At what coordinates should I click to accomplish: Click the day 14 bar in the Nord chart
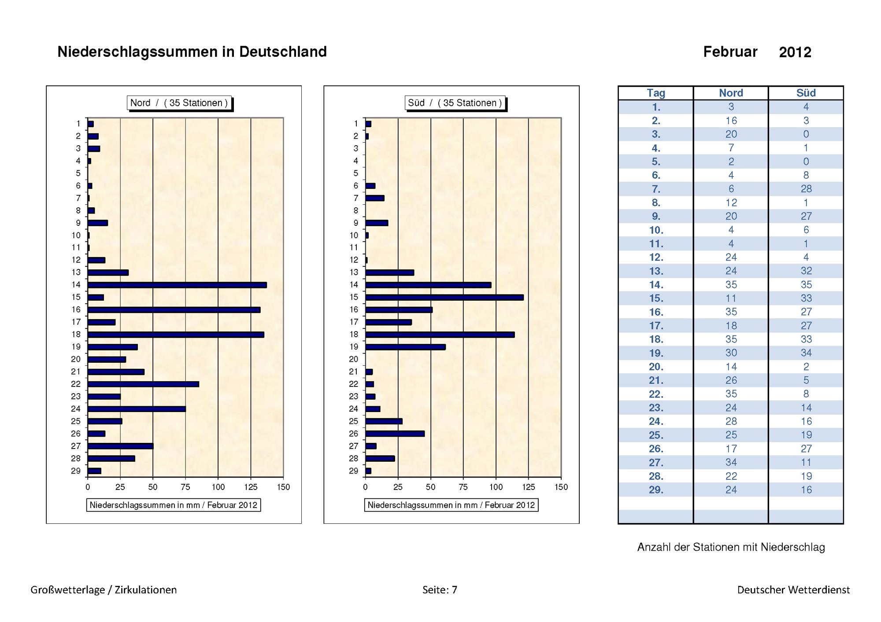point(177,285)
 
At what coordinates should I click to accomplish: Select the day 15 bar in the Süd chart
point(444,297)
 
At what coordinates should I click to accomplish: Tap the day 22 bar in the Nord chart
point(143,384)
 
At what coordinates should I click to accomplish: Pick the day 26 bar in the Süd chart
point(395,434)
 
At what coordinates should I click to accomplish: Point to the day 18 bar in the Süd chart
point(440,335)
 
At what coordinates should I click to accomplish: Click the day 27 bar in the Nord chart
point(120,446)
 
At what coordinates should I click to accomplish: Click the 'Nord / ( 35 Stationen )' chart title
point(179,103)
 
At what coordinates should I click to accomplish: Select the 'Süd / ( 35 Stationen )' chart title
point(455,103)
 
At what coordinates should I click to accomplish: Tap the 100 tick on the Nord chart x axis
point(218,487)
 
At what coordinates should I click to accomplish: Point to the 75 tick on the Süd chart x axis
point(463,487)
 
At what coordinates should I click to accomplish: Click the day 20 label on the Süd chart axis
point(353,359)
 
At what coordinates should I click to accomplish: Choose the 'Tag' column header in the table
point(656,93)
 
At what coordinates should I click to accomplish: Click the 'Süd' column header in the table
point(806,93)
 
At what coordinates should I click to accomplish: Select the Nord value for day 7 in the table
point(731,189)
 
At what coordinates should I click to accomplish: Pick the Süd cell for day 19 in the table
point(806,353)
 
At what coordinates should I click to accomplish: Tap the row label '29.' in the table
point(656,490)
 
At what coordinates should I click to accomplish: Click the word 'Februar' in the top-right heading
point(730,52)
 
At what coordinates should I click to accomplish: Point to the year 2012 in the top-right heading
point(795,52)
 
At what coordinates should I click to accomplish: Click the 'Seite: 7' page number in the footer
point(440,590)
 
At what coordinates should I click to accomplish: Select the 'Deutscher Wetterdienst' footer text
point(794,590)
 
